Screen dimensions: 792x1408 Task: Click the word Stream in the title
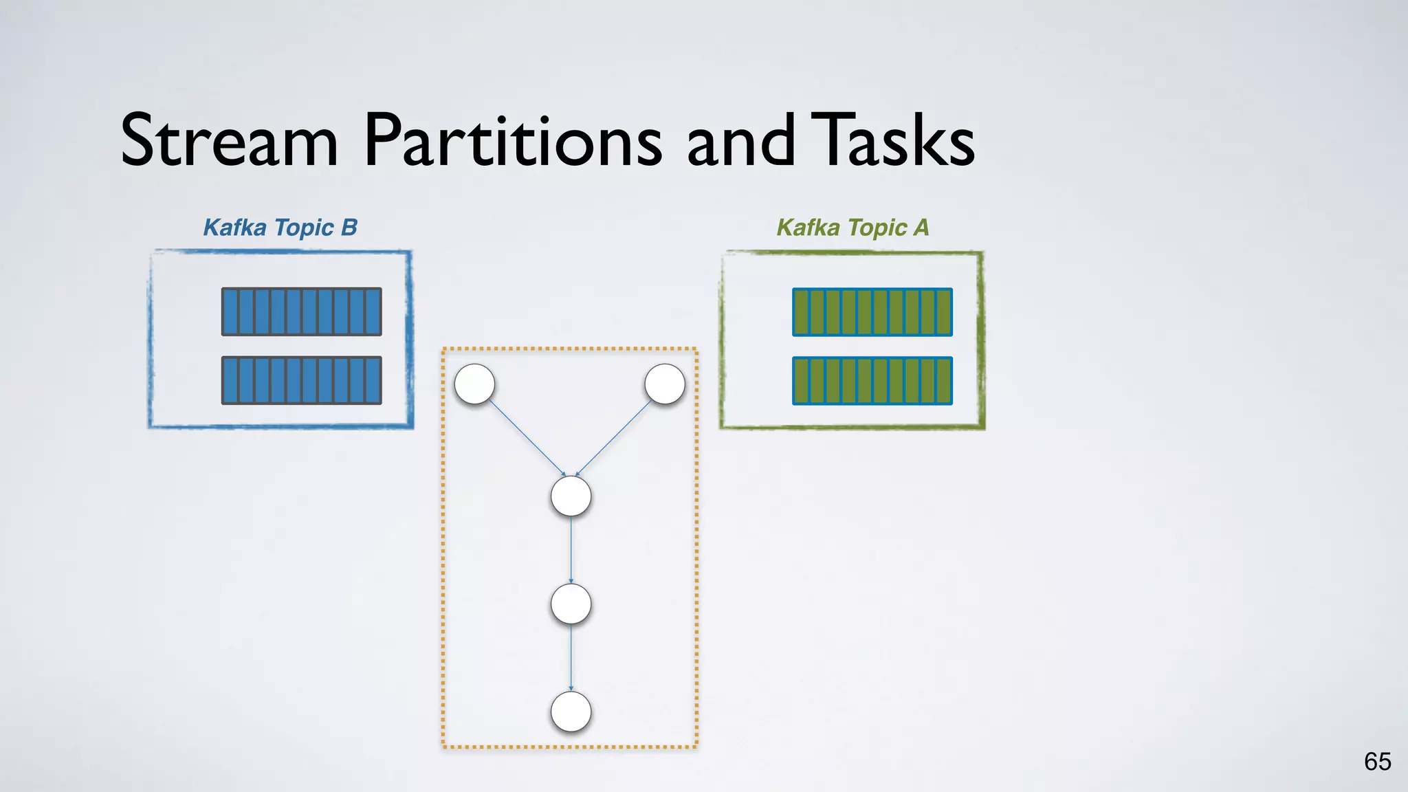click(229, 141)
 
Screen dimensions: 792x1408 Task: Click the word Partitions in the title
click(512, 141)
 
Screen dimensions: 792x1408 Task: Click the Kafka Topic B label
click(280, 228)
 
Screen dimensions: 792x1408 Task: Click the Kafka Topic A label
click(852, 228)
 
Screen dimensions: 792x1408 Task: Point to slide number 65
click(1377, 762)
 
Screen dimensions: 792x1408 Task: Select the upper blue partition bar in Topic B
click(301, 311)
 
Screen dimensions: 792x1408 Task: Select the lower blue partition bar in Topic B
click(301, 380)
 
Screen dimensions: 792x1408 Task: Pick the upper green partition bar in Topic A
click(872, 311)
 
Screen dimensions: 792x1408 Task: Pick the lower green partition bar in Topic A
click(872, 380)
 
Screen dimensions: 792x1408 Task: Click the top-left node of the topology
click(474, 384)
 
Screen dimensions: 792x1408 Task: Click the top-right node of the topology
click(665, 384)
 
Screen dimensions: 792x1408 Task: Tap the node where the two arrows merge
click(571, 496)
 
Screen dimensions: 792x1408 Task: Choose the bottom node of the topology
click(571, 712)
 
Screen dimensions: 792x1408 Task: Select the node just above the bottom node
click(571, 604)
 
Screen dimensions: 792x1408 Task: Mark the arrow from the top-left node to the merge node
click(527, 438)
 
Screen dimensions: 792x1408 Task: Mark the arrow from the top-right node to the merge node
click(613, 438)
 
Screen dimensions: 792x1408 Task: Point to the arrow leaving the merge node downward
click(571, 550)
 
